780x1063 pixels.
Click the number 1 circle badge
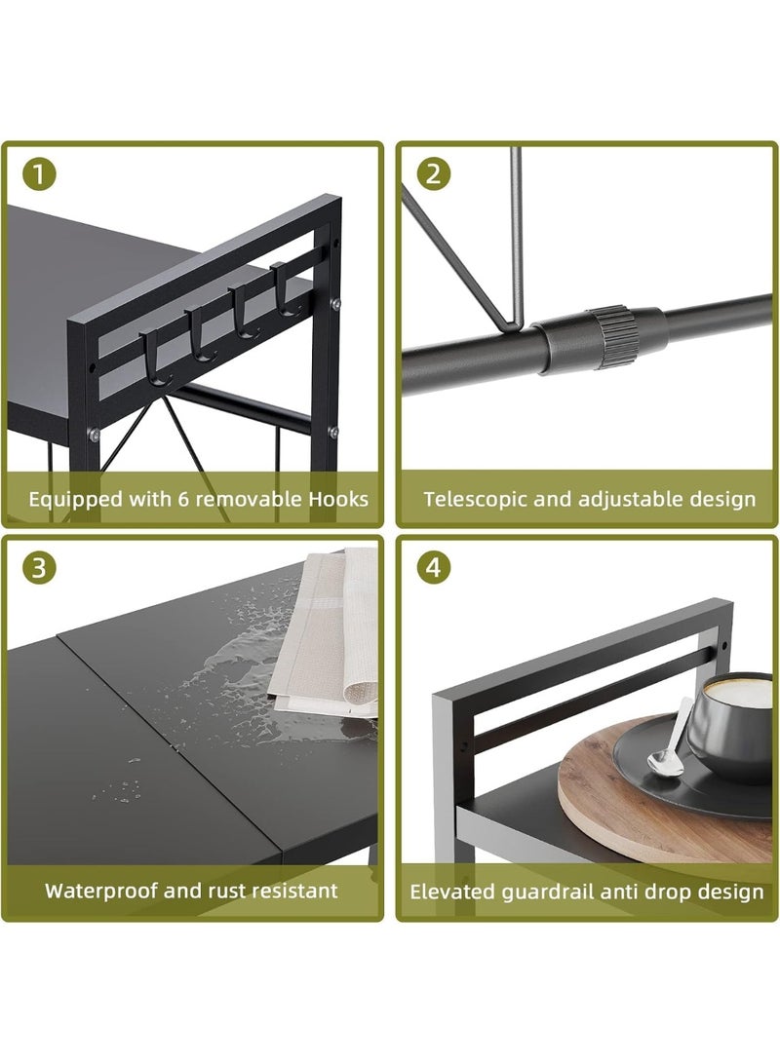point(39,175)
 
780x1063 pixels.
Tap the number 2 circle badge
point(434,175)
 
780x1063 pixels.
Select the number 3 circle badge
point(39,567)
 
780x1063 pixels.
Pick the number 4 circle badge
point(434,567)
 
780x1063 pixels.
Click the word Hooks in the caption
point(338,499)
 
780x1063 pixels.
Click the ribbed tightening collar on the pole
point(607,337)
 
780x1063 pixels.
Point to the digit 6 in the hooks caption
point(182,500)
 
